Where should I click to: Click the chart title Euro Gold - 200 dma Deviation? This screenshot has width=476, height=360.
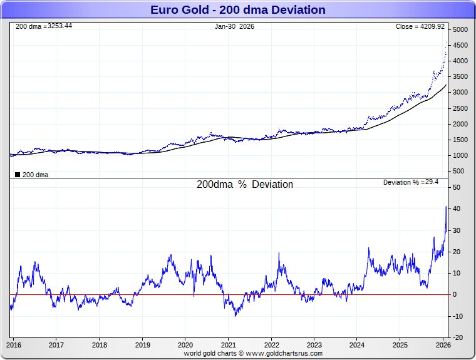[238, 10]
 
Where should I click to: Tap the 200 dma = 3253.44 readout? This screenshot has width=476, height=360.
[43, 26]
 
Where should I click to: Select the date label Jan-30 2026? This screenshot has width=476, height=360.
[234, 26]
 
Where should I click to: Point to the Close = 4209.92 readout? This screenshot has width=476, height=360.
[420, 26]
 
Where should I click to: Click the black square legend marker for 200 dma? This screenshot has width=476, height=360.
[17, 175]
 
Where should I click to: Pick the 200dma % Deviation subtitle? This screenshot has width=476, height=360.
[245, 185]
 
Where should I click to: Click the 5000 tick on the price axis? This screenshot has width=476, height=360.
[460, 30]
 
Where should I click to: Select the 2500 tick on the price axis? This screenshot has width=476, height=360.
[460, 108]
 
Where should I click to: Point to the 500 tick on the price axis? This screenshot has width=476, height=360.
[458, 171]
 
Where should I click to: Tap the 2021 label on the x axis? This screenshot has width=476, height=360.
[228, 344]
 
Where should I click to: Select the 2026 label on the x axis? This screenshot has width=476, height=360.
[442, 344]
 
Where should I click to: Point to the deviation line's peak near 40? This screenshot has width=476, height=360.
[446, 207]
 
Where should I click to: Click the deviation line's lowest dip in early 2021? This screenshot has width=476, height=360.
[235, 315]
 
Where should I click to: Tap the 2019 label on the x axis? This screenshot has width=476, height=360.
[142, 344]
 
